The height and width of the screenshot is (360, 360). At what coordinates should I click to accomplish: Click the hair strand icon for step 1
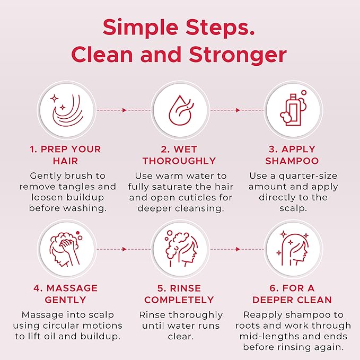click(65, 111)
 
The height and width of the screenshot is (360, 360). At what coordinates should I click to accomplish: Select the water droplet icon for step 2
click(180, 111)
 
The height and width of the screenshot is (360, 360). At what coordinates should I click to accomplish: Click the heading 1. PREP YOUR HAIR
click(65, 154)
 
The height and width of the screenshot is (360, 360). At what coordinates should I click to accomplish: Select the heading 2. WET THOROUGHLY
click(179, 154)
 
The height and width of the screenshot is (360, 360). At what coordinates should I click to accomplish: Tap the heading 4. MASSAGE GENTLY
click(65, 294)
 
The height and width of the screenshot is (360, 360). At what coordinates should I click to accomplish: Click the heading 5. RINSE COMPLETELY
click(179, 294)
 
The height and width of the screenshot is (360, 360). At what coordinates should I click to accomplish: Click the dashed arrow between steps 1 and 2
click(122, 110)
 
